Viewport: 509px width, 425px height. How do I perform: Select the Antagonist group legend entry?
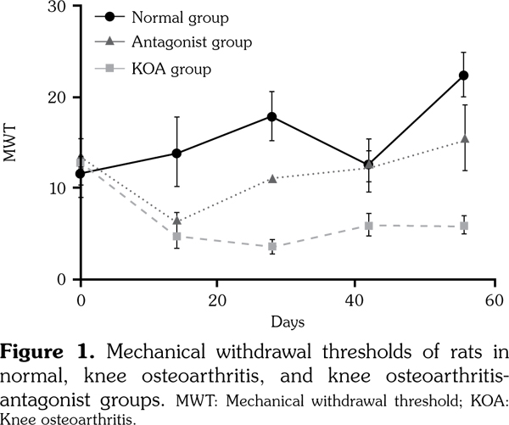click(x=187, y=40)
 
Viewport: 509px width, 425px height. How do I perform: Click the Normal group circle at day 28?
click(x=271, y=116)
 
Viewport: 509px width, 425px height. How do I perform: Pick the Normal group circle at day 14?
click(x=176, y=154)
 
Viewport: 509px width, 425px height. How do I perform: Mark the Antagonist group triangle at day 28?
click(x=271, y=178)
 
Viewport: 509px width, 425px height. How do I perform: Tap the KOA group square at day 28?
click(x=271, y=246)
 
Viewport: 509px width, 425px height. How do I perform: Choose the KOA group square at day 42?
click(x=368, y=226)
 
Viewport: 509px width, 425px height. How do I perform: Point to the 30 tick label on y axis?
click(x=58, y=6)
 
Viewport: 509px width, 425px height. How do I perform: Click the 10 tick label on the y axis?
click(x=58, y=188)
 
